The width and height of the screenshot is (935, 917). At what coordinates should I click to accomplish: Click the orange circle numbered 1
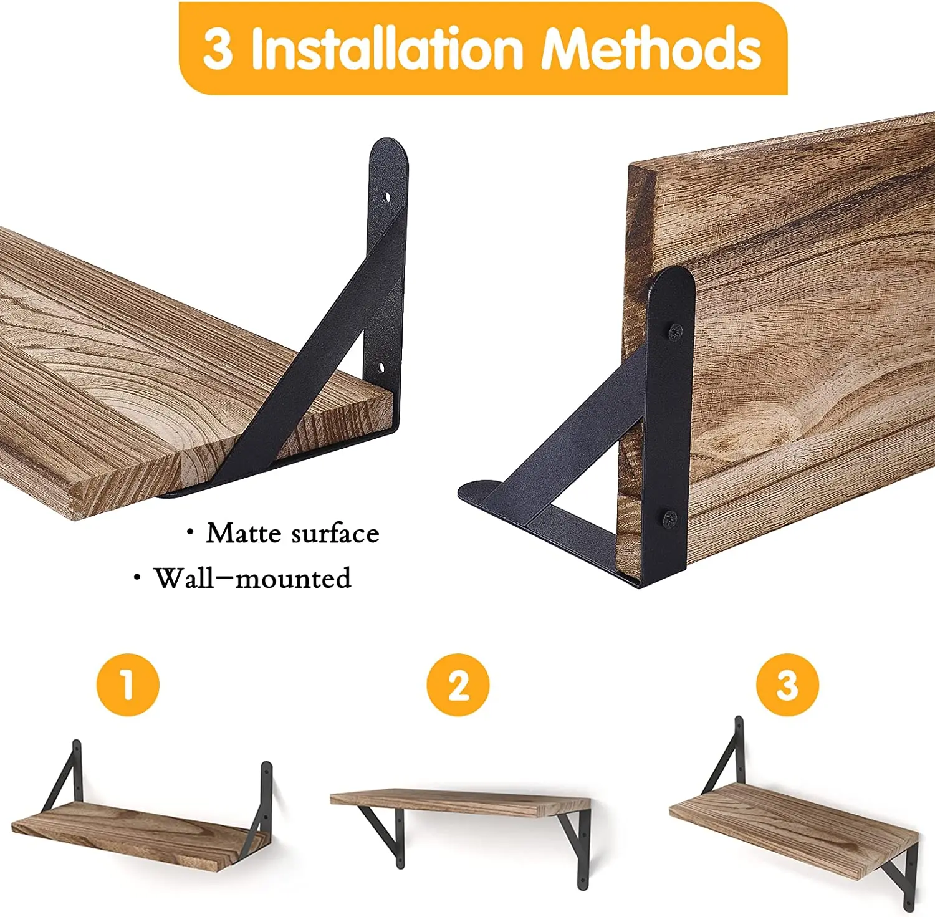coord(128,684)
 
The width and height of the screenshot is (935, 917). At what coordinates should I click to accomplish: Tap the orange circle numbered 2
coord(458,684)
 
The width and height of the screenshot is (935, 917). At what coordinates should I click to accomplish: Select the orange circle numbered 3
coord(787,684)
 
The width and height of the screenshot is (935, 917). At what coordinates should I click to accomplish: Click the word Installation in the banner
coord(386,49)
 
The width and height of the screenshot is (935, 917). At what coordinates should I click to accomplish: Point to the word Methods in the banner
coord(651,49)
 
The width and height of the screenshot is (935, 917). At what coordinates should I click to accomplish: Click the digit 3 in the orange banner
coord(218,49)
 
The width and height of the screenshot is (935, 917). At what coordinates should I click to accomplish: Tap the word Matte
coord(244,534)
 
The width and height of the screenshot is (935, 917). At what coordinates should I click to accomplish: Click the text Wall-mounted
coord(252,579)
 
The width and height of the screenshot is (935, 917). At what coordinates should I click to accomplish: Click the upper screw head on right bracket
coord(675,333)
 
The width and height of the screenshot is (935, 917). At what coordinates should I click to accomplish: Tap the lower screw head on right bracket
coord(670,517)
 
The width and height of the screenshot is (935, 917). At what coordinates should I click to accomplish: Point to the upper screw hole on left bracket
coord(387,198)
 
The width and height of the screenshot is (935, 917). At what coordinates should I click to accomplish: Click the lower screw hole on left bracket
coord(381,368)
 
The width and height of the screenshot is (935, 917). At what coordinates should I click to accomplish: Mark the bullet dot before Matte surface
coord(190,532)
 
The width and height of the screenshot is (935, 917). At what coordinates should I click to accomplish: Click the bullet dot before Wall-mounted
coord(137,578)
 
